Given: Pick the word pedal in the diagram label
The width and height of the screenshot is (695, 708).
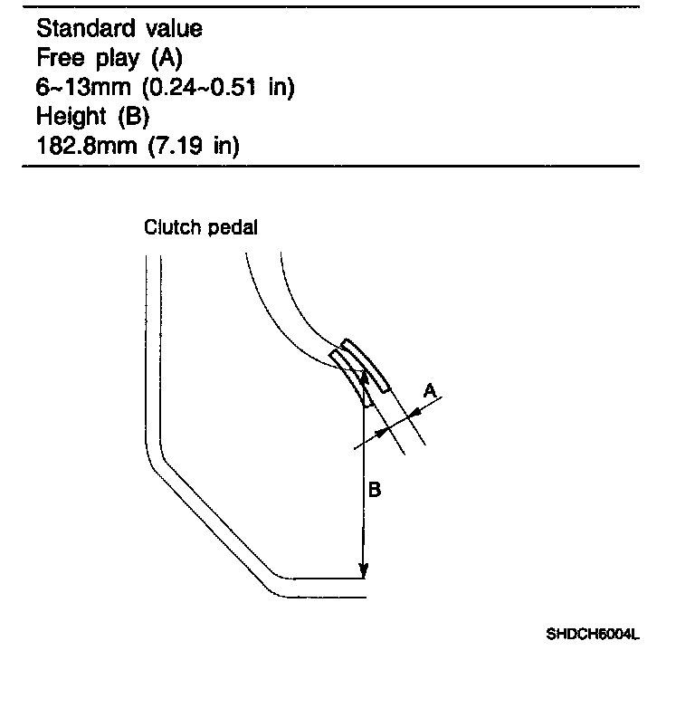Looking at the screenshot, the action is pyautogui.click(x=232, y=227).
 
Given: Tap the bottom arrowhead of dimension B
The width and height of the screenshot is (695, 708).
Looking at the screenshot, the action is pyautogui.click(x=363, y=570).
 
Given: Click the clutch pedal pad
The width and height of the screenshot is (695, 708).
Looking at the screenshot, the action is pyautogui.click(x=367, y=367).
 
